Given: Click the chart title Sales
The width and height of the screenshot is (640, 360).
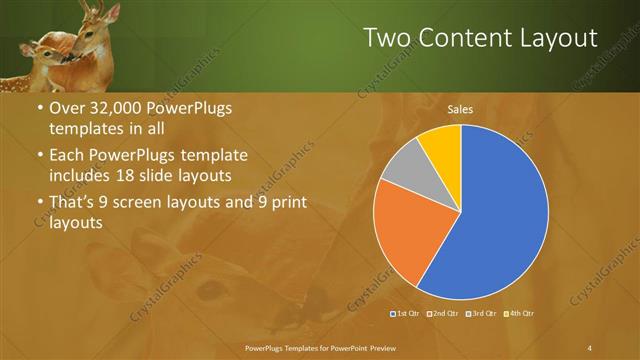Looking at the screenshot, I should [460, 109].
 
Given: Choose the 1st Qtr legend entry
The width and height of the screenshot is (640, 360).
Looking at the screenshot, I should [405, 315].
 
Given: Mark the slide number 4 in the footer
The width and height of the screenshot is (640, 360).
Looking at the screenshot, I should [590, 347].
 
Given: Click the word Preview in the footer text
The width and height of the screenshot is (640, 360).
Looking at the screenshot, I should [378, 347].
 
